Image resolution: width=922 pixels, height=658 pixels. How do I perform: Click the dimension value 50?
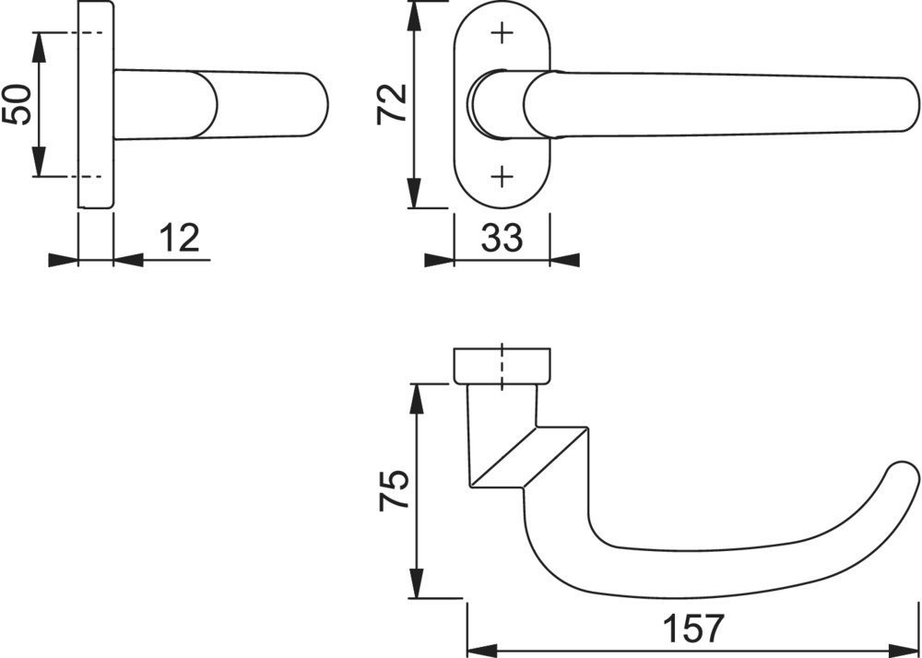pyautogui.click(x=17, y=104)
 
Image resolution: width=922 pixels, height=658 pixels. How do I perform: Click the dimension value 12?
pyautogui.click(x=180, y=238)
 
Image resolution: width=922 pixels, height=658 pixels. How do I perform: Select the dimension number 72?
pyautogui.click(x=392, y=104)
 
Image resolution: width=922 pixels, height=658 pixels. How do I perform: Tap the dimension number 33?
pyautogui.click(x=502, y=238)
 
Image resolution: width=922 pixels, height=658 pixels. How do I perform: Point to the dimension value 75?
pyautogui.click(x=394, y=490)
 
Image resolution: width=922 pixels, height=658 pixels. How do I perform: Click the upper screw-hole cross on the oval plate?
pyautogui.click(x=502, y=33)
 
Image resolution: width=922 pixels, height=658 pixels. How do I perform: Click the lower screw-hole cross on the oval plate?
pyautogui.click(x=502, y=176)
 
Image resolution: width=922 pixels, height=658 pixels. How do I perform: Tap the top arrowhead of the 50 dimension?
pyautogui.click(x=39, y=47)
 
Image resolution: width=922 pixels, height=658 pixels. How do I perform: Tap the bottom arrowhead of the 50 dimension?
pyautogui.click(x=39, y=161)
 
